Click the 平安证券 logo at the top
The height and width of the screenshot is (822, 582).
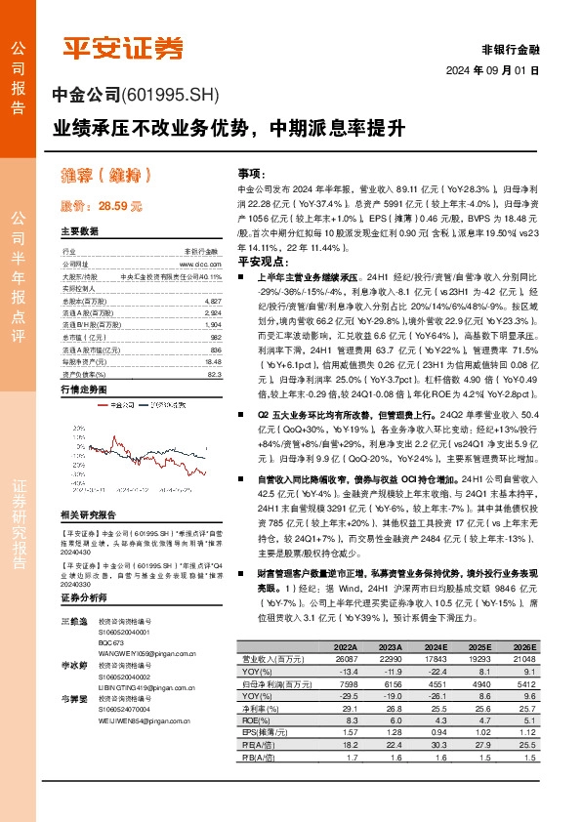[x=123, y=47]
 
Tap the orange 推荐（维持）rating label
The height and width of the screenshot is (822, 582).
[x=101, y=176]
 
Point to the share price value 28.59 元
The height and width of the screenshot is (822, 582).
[x=120, y=207]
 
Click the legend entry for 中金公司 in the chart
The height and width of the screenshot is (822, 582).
[x=122, y=404]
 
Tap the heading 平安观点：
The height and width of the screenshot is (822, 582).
[x=261, y=263]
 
